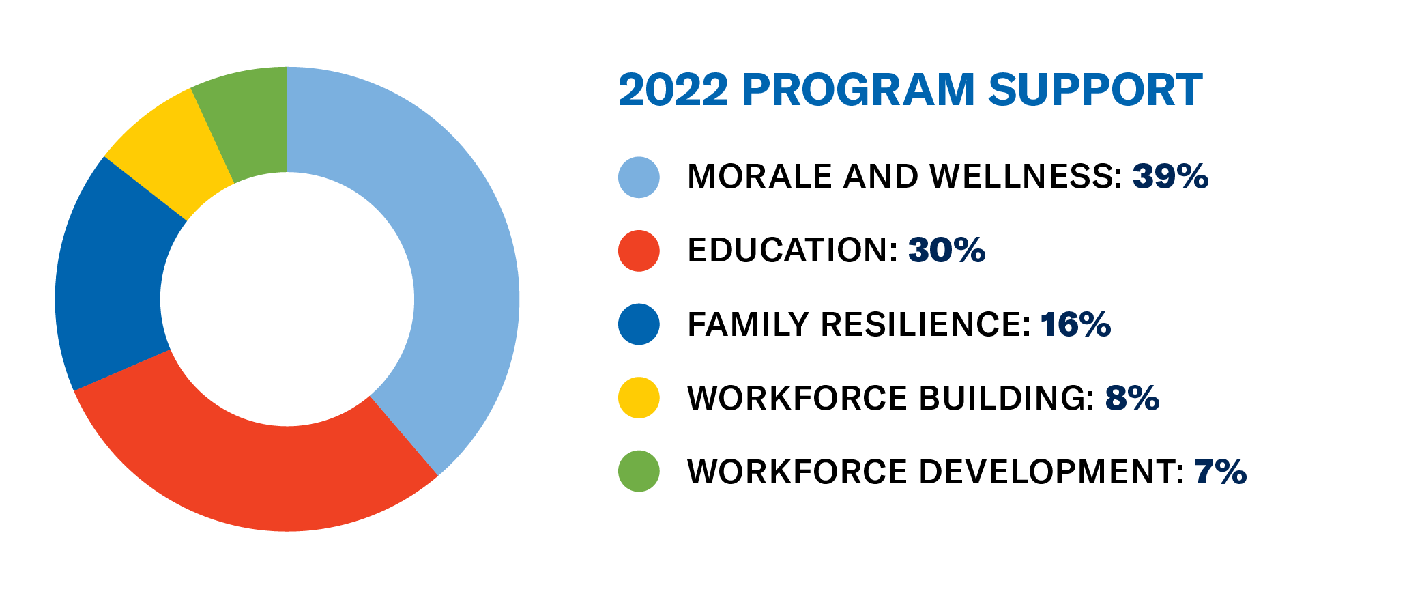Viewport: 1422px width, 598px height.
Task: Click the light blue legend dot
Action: (x=639, y=177)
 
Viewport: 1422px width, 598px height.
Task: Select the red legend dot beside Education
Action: (x=639, y=251)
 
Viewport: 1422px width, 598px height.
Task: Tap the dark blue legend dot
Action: (x=639, y=324)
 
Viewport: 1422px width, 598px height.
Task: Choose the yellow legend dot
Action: (x=639, y=397)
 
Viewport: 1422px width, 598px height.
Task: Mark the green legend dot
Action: (x=639, y=471)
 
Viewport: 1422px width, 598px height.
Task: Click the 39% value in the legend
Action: (x=1170, y=177)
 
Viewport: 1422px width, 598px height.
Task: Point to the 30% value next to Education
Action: (x=946, y=251)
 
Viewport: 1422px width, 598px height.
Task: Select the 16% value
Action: (x=1075, y=324)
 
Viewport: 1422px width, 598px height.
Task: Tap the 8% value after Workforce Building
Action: (x=1132, y=398)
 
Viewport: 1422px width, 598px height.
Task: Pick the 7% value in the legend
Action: (x=1220, y=472)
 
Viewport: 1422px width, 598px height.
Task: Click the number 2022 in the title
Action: (x=673, y=90)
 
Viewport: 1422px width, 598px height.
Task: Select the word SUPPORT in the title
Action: (x=1094, y=90)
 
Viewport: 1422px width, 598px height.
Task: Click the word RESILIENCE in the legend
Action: (x=925, y=324)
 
